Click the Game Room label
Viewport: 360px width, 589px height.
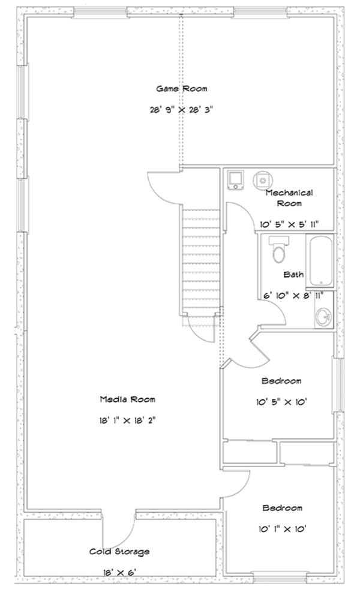(182, 89)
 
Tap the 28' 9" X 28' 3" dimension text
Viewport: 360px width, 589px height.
(182, 110)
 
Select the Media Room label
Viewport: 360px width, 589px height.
(127, 399)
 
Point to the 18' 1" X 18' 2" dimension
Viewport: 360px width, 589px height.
(127, 420)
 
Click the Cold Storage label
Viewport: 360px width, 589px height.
(119, 551)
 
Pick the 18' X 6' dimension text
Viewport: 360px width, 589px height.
(119, 572)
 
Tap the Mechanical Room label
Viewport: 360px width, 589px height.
(289, 198)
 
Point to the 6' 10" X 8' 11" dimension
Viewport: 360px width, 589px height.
(293, 296)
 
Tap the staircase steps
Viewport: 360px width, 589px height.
(200, 259)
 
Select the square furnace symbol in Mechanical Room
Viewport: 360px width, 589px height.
(236, 180)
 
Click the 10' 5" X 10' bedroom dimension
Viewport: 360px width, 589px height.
(282, 402)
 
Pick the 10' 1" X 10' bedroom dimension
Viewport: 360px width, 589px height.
(283, 529)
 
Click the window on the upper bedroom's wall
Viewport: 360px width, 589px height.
(338, 384)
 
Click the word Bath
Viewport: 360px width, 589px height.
(293, 274)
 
